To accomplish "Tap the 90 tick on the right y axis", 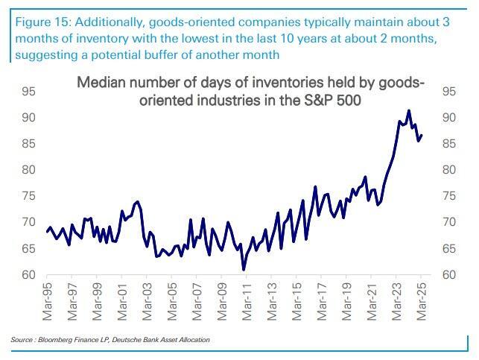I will coord(450,118).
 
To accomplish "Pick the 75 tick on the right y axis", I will coord(450,196).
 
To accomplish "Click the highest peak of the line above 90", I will coord(409,110).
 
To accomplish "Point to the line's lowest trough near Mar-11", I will coord(244,269).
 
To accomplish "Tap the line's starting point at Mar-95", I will coord(46,232).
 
